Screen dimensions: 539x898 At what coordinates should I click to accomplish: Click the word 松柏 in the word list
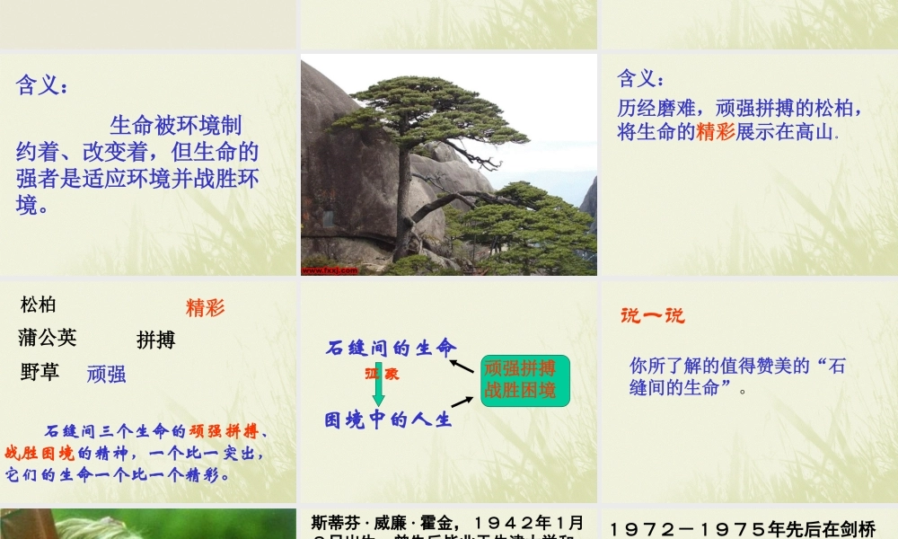38,305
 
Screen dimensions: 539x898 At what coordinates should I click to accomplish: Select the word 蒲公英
48,338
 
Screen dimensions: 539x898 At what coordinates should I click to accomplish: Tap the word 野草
40,371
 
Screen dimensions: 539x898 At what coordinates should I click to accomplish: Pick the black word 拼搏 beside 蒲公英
155,340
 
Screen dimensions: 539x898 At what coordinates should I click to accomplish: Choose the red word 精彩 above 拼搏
205,308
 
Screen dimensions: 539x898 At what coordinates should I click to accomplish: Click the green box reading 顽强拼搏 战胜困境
525,380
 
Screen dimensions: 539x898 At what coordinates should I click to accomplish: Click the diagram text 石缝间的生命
391,349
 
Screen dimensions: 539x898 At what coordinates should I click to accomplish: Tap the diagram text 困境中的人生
388,420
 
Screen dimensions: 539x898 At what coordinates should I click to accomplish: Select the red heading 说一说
652,315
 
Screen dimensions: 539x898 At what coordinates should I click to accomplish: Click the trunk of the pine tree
405,198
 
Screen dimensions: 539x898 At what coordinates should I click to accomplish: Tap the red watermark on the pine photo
330,269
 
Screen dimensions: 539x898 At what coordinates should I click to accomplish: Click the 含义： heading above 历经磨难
641,79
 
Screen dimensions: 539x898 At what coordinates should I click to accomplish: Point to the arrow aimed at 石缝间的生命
462,365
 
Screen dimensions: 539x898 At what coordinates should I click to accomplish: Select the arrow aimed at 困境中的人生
462,402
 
